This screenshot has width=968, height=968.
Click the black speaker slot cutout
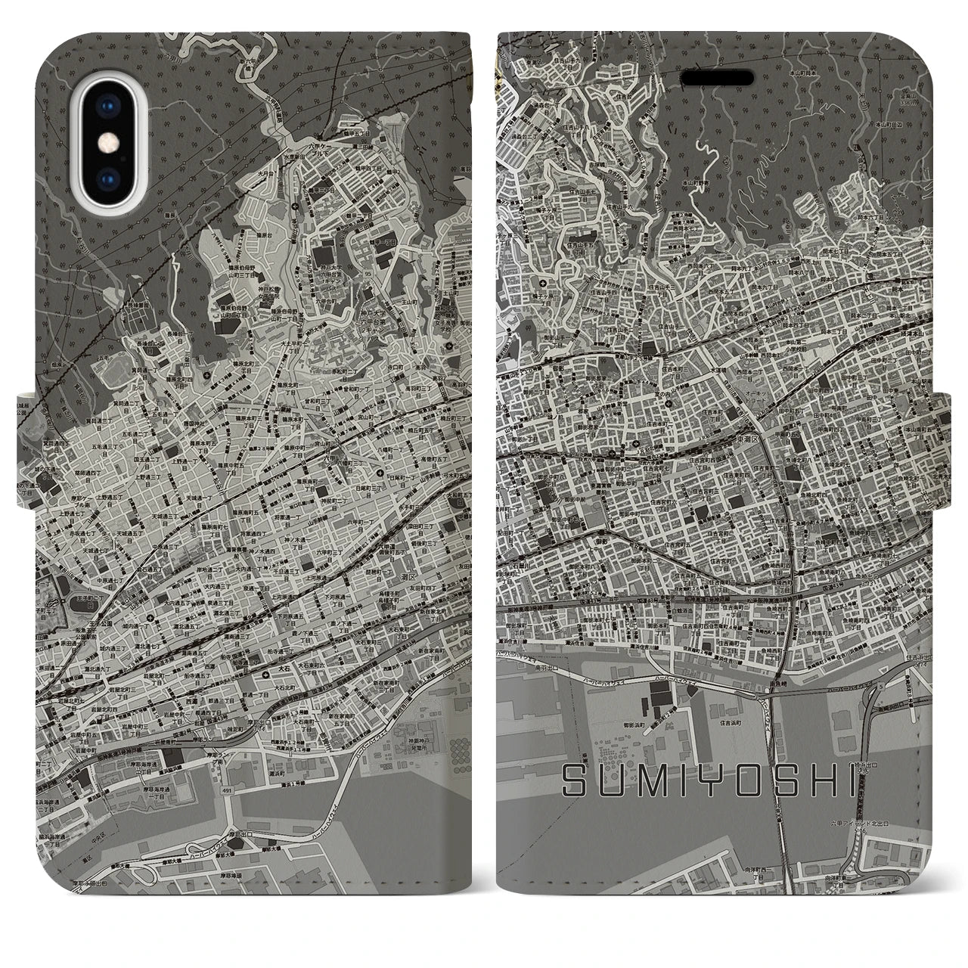tap(717, 79)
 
